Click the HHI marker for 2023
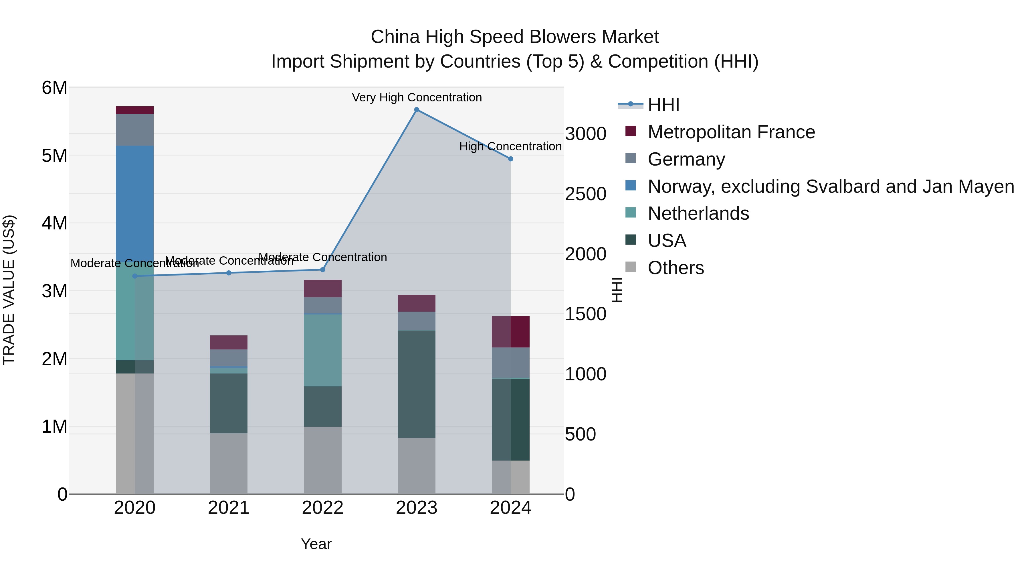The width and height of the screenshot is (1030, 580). click(x=417, y=110)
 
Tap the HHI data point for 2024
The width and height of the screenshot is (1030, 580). click(x=511, y=159)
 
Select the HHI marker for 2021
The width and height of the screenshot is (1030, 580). click(x=229, y=273)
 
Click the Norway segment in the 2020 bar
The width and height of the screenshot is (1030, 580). click(x=135, y=200)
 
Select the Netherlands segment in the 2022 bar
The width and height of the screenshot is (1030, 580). click(x=323, y=350)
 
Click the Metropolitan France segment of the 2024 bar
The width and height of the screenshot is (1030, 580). click(x=511, y=332)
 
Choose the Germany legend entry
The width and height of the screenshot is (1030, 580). click(x=686, y=159)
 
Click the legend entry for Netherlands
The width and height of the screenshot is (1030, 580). click(x=698, y=213)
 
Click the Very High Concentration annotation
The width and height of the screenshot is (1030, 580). click(x=417, y=97)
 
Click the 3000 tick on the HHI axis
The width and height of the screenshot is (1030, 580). click(x=585, y=134)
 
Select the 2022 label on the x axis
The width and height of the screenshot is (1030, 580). click(x=323, y=508)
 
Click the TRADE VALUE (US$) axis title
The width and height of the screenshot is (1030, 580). click(x=9, y=290)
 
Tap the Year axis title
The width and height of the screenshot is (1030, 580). click(x=316, y=544)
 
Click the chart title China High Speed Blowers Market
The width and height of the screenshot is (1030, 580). click(x=515, y=37)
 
